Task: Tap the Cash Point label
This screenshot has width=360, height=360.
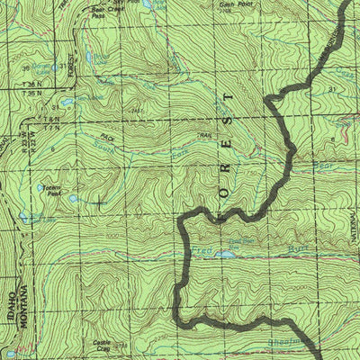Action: point(235,4)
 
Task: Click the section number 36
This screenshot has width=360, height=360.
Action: point(25,67)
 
